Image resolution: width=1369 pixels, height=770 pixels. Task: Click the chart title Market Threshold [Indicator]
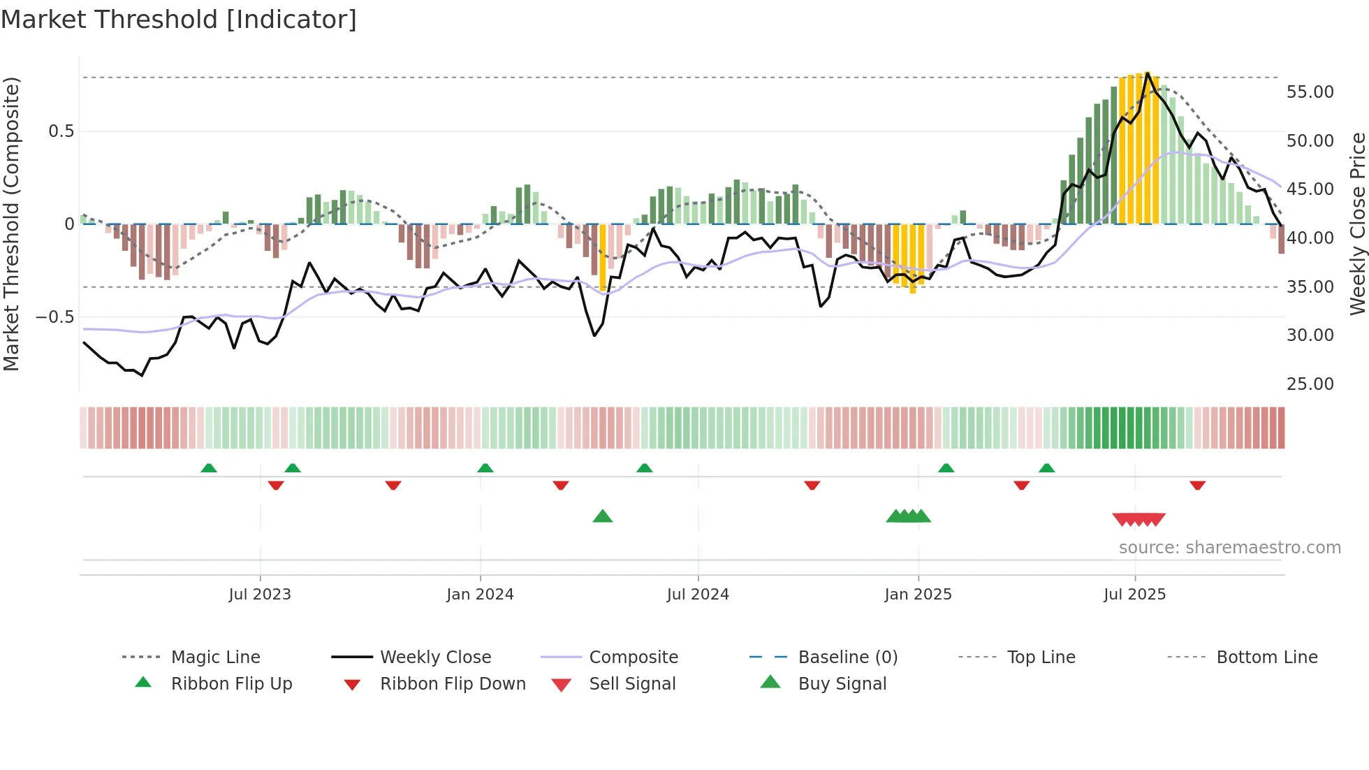(x=179, y=20)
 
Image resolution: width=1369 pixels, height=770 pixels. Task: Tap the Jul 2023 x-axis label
(x=260, y=594)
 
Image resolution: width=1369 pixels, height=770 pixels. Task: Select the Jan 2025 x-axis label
(x=918, y=594)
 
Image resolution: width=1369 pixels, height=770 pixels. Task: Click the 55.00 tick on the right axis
(x=1310, y=92)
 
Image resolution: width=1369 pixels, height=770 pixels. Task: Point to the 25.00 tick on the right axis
(x=1310, y=384)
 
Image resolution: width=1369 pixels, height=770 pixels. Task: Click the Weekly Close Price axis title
(x=1357, y=224)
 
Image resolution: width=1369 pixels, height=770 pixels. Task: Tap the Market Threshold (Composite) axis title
(x=11, y=224)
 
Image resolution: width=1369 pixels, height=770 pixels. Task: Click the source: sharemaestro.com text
(x=1229, y=547)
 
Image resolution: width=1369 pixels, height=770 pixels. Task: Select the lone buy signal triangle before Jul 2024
(x=602, y=516)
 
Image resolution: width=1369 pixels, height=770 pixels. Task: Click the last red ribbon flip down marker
(x=1197, y=485)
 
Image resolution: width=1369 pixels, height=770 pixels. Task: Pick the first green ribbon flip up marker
(x=208, y=467)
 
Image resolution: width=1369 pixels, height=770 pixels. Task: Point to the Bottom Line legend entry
(x=1266, y=657)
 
